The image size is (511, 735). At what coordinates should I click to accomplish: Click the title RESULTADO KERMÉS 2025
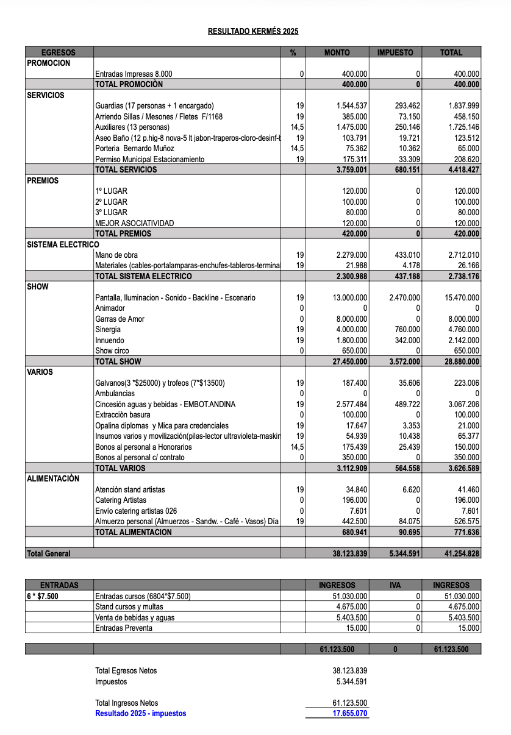(253, 31)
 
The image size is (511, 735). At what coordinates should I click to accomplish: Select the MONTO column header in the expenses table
(337, 52)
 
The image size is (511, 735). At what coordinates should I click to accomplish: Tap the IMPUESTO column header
(395, 52)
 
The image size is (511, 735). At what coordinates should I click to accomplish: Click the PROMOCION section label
(49, 63)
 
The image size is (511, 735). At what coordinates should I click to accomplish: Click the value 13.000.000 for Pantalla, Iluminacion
(351, 297)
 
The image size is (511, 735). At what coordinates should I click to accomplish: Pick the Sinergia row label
(108, 330)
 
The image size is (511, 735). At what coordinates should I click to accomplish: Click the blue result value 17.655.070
(350, 713)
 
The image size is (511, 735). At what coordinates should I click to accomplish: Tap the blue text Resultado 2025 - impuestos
(141, 713)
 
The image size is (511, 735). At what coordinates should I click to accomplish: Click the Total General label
(49, 553)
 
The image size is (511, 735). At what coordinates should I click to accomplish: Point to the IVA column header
(395, 585)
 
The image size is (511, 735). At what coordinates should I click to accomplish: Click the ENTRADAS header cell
(59, 585)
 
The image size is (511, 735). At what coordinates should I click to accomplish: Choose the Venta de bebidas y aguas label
(135, 617)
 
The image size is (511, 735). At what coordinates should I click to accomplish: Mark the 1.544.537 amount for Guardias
(351, 106)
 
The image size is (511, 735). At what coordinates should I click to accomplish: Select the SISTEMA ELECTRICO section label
(63, 244)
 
